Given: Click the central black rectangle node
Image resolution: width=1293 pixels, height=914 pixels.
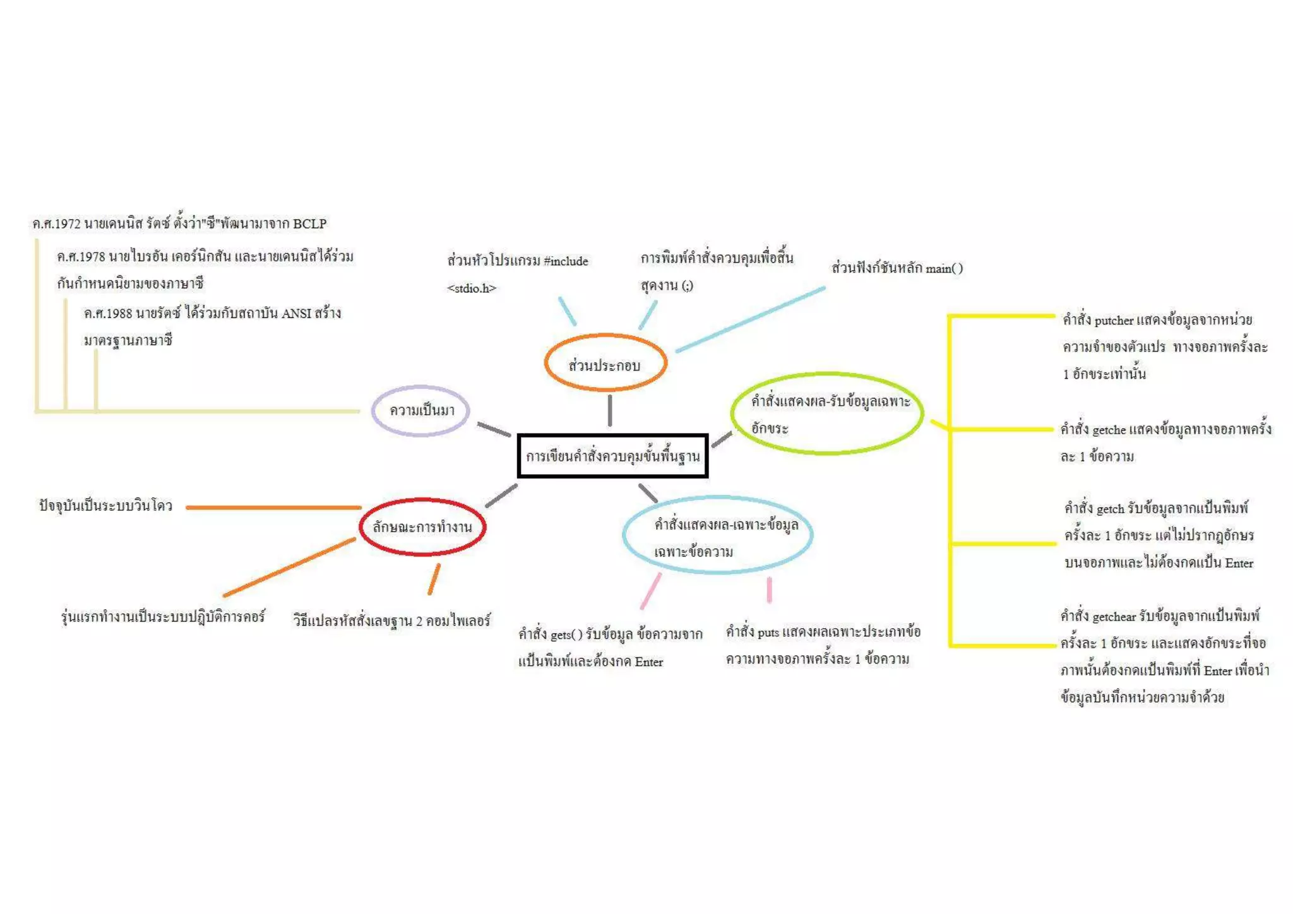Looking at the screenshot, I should tap(612, 456).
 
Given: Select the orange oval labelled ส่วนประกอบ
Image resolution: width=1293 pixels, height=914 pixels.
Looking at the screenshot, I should tap(605, 364).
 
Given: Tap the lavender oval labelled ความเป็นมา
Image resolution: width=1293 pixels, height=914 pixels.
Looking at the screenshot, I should tap(421, 410).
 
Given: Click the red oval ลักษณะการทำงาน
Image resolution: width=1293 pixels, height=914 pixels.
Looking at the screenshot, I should tap(422, 527).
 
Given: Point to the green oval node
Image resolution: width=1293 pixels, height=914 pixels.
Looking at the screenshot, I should tap(827, 413).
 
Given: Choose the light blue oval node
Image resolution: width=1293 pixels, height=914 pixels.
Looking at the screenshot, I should tap(717, 535).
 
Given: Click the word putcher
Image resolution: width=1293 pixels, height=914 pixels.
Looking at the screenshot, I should tap(1114, 321).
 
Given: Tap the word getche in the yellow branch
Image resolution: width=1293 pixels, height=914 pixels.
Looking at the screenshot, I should tap(1109, 430).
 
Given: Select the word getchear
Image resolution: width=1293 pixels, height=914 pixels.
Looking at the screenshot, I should tap(1114, 617).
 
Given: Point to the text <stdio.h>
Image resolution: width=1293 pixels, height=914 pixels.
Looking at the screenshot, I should tap(472, 288).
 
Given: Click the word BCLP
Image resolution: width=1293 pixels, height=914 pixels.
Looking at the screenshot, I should tap(309, 223).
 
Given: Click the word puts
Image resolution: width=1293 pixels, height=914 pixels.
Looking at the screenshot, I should tap(768, 632).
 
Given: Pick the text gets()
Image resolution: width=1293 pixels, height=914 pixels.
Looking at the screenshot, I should tap(566, 634).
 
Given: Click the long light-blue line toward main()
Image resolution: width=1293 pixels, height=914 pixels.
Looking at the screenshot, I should tap(750, 319).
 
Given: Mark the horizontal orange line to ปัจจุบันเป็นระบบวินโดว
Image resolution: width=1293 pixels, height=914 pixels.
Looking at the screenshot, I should tap(273, 507).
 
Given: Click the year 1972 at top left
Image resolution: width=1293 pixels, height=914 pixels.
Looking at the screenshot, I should tap(66, 223).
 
